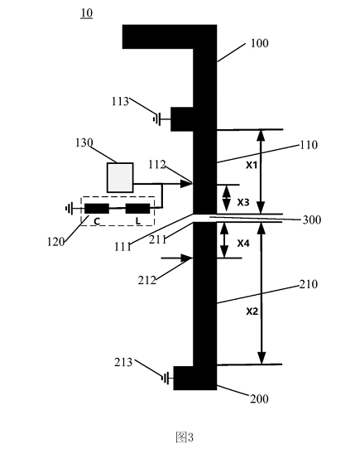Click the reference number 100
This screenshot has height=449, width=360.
pos(260,43)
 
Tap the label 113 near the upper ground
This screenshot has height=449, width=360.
pos(120,101)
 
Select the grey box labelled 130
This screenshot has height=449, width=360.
pos(120,177)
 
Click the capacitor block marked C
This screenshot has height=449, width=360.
pos(97,209)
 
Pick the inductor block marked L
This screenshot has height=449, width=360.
pos(137,209)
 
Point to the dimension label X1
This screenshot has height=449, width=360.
pos(252,165)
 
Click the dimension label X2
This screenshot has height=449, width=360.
pos(252,311)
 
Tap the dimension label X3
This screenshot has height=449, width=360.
pos(243,202)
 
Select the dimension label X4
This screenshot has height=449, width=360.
pos(243,244)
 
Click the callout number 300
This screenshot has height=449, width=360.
pos(312,220)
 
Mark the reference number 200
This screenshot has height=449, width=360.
pos(259,399)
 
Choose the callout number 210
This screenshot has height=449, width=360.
pos(309,284)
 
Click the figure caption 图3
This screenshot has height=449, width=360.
pos(185,437)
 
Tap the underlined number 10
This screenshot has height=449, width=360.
pos(86,13)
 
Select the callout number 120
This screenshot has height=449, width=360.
pos(55,242)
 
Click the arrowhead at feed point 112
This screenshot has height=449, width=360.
pos(186,184)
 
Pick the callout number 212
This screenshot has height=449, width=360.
pos(147,280)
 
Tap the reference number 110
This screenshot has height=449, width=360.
pos(309,145)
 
